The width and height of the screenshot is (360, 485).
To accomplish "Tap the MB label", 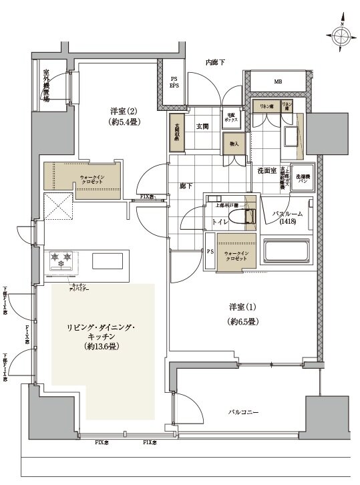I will click(277, 83).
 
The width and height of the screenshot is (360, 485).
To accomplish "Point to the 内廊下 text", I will click(215, 62).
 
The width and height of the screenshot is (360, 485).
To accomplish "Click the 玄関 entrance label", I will click(202, 126).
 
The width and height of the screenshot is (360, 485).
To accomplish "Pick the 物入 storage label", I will click(234, 144).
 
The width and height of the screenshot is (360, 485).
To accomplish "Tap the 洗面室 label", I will click(266, 171).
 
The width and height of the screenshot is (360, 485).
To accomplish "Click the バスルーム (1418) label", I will click(288, 218).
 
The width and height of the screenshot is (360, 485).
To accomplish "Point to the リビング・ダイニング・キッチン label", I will click(102, 337).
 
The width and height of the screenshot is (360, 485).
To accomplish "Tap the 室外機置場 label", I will click(47, 84).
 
